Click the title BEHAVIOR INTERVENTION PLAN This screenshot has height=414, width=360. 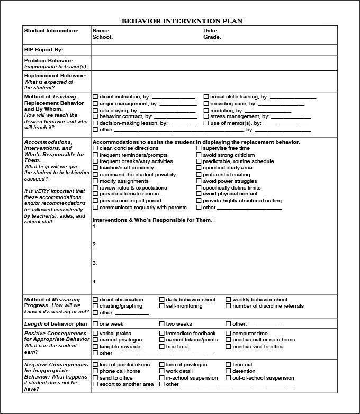coord(183,21)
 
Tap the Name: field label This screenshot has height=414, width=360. coord(101,31)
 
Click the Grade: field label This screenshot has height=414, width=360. coord(212,37)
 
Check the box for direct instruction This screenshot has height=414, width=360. coord(95,97)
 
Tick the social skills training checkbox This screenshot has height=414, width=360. coord(206,97)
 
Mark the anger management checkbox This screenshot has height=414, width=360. coord(95,104)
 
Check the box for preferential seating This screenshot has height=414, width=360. coord(199,175)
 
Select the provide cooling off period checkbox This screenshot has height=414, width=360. coord(95,201)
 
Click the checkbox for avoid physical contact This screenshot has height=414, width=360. coord(199,194)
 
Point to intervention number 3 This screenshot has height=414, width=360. coord(95,263)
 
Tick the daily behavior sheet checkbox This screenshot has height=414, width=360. coord(162,300)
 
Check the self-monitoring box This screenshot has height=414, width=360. coord(162,306)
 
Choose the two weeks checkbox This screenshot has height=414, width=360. coord(162,324)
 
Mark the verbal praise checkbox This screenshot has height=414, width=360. coord(95,334)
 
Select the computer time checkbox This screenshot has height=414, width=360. coord(229,334)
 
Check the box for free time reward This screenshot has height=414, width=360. coord(162,347)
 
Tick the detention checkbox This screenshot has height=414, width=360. coord(229,371)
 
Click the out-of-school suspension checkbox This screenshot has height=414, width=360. coord(229,378)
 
